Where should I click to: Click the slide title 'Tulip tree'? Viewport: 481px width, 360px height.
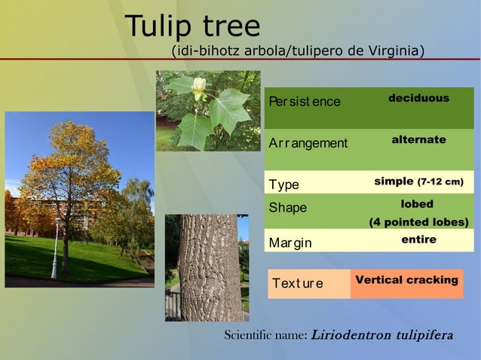pos(192,26)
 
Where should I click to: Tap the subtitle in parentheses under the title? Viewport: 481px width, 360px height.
pos(298,51)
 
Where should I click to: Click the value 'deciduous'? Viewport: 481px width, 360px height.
pos(418,99)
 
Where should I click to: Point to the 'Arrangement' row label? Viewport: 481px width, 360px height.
pos(308,143)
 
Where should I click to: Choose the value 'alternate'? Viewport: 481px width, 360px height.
pos(418,140)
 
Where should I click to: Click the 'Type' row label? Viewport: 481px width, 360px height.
pos(284,185)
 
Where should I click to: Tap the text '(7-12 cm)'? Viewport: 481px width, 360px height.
pos(440,182)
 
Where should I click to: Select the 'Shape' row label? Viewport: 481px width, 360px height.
pos(288,207)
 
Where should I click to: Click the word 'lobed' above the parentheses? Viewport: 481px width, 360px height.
pos(417,204)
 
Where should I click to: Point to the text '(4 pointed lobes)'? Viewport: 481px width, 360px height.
pos(418,222)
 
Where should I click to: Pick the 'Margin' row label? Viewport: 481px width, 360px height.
pos(290,243)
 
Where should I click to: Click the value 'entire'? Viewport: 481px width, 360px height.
pos(418,239)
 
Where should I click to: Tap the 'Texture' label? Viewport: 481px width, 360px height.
pos(298,284)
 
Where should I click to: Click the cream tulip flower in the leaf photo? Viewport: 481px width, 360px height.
pos(198,87)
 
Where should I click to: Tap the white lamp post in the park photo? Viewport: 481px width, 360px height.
pos(54,249)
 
